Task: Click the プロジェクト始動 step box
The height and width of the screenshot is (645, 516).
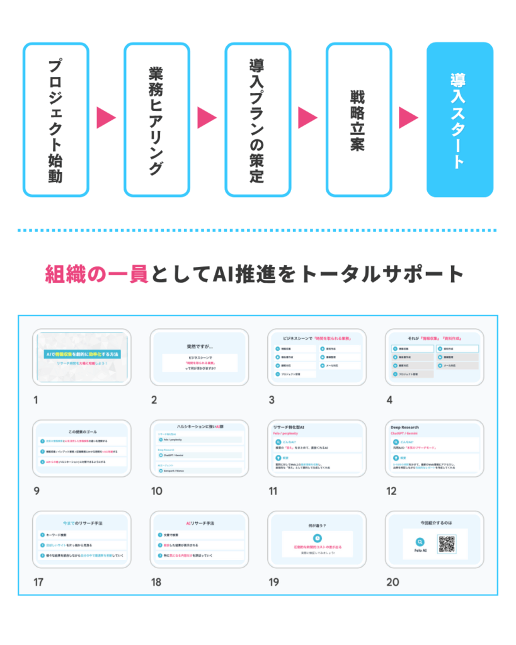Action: [55, 120]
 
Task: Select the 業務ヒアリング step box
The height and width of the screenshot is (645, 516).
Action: [157, 120]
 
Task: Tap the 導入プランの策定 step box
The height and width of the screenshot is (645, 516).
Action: [258, 120]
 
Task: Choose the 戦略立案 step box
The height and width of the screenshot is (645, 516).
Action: [358, 120]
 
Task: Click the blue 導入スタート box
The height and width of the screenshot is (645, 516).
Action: [460, 120]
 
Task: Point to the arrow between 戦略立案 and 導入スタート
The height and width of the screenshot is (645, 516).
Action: [409, 118]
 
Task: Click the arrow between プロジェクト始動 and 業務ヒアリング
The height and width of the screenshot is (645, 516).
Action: [106, 118]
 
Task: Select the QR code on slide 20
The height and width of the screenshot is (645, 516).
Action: [447, 544]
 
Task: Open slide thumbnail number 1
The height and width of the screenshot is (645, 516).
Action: [82, 357]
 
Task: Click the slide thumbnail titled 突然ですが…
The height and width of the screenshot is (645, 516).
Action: [199, 357]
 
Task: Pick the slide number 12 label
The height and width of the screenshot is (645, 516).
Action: [393, 491]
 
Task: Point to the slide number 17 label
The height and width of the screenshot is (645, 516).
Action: [39, 582]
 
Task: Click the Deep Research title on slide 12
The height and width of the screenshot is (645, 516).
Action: [406, 426]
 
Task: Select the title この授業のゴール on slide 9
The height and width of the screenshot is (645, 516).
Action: [82, 432]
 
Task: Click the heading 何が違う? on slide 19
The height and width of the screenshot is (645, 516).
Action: [317, 523]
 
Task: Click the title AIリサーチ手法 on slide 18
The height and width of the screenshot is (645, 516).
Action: [200, 523]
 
